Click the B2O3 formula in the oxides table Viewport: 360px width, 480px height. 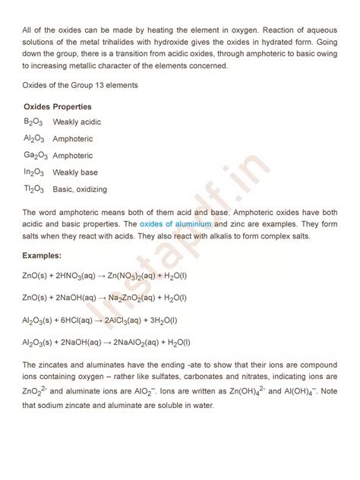[x=33, y=122]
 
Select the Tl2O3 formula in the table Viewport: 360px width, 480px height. [x=33, y=189]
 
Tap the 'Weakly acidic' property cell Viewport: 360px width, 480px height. [x=77, y=122]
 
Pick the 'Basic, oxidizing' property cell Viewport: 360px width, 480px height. [x=80, y=189]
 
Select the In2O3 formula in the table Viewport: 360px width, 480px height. [x=33, y=172]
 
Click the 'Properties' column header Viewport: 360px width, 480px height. [x=71, y=106]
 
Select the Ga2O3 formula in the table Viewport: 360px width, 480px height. [x=34, y=156]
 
